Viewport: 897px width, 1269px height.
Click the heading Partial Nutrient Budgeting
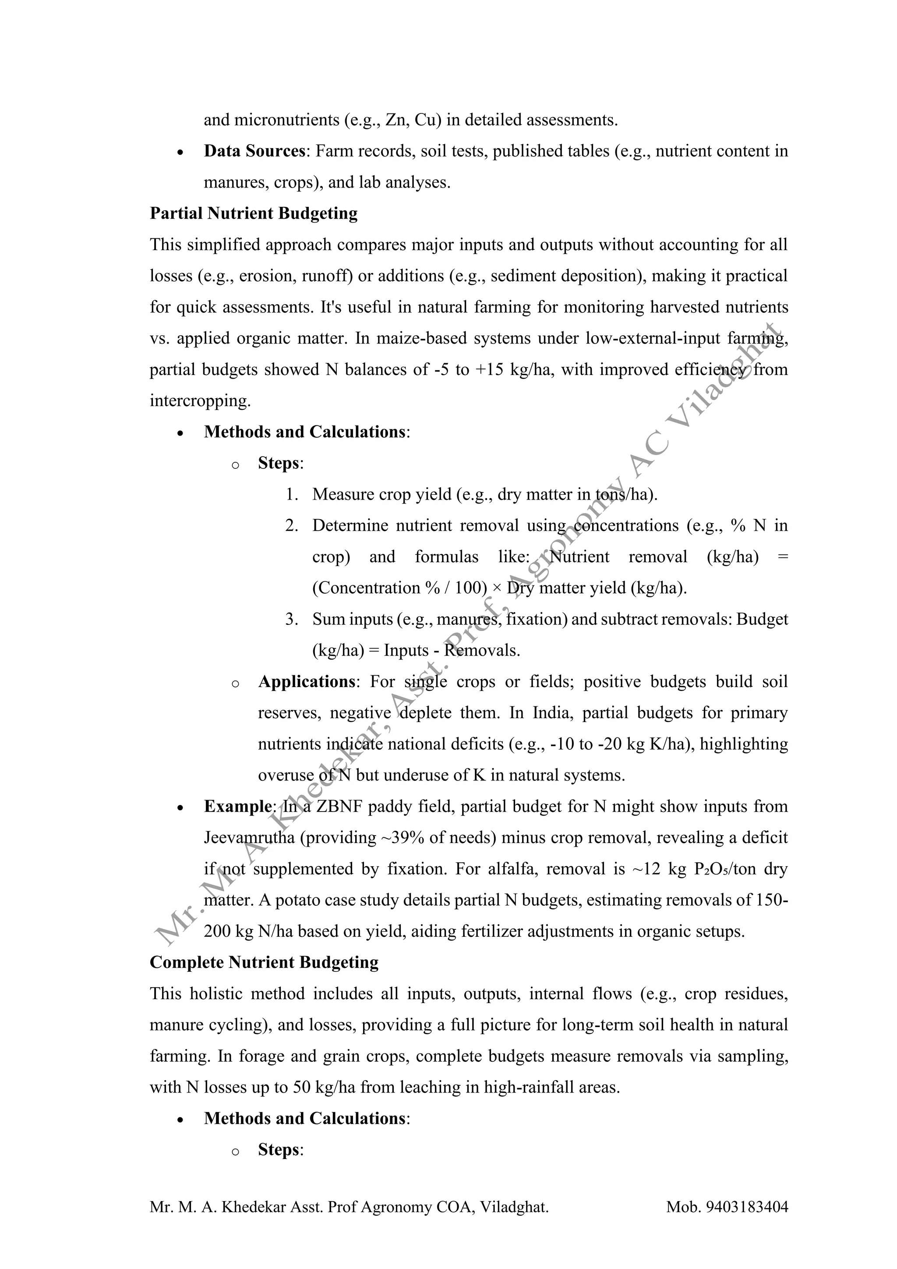(x=254, y=213)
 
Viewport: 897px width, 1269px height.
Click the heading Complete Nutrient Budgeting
(x=264, y=962)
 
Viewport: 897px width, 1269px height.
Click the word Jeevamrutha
(x=250, y=837)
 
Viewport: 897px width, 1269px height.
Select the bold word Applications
(x=307, y=681)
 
